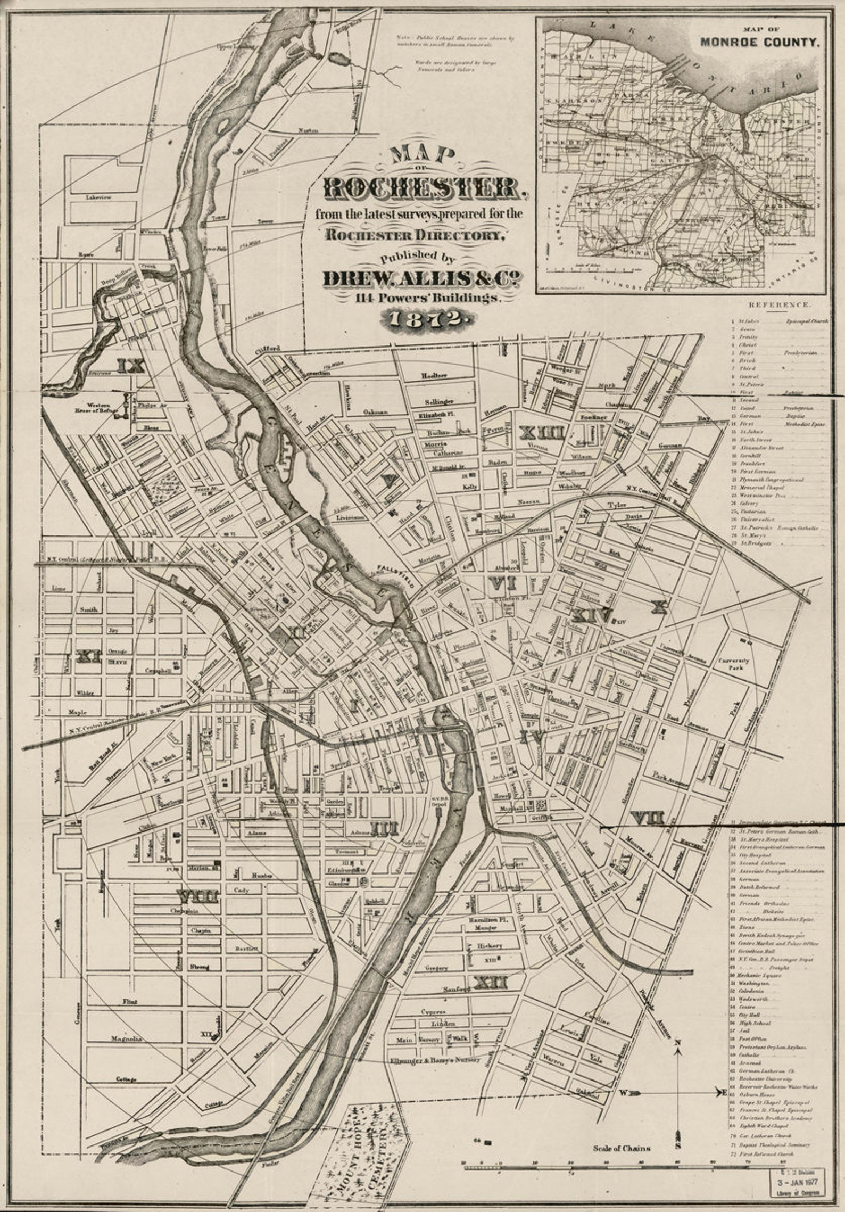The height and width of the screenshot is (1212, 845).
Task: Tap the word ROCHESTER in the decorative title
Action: click(x=420, y=188)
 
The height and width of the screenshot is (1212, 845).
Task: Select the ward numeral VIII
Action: click(x=198, y=897)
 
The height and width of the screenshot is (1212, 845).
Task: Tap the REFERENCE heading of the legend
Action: click(x=780, y=306)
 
